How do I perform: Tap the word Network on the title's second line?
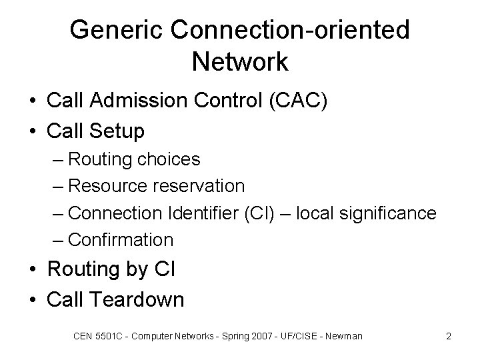[x=239, y=61]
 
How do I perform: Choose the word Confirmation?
[x=121, y=239]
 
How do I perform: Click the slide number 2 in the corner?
[x=449, y=336]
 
